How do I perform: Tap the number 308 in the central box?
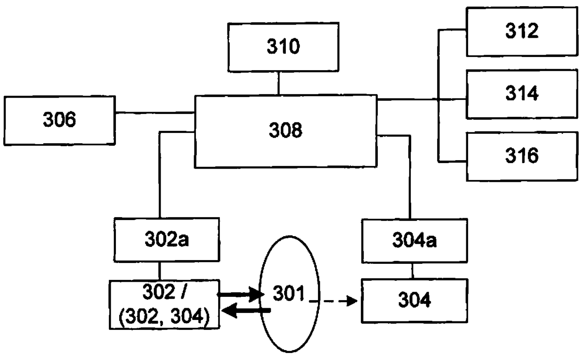[285, 130]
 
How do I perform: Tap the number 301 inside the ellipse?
[289, 293]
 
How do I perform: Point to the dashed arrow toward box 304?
[333, 301]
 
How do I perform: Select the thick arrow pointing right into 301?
[241, 295]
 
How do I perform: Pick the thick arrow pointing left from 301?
[246, 311]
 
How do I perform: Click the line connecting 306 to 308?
[155, 113]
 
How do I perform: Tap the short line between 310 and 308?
[279, 83]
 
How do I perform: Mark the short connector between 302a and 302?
[160, 271]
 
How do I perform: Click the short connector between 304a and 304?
[412, 271]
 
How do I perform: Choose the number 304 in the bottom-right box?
[414, 300]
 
